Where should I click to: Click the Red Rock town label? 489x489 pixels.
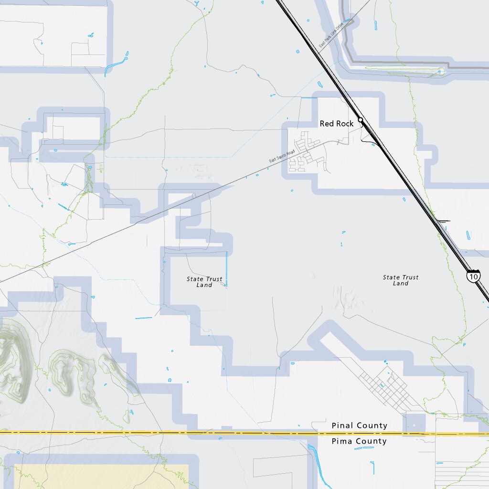tap(337, 124)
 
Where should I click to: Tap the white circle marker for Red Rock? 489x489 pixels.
tap(361, 120)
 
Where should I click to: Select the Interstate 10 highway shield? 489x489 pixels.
tap(473, 276)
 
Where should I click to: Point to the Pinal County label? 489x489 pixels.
tap(359, 425)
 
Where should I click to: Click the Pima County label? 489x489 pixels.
tap(359, 441)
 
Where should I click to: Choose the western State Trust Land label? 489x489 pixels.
tap(204, 282)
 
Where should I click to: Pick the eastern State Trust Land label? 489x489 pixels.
tap(401, 280)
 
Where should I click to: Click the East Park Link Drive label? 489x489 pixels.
tap(331, 37)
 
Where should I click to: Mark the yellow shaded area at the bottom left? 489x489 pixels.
tap(96, 477)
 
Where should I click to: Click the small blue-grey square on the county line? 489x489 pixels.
tap(414, 425)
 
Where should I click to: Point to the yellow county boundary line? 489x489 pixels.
tap(143, 433)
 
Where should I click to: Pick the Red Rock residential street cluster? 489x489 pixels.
tap(308, 155)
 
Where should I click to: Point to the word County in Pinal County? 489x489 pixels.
tap(372, 425)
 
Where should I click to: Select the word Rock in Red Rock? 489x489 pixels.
tap(345, 124)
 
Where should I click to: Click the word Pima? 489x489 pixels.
tap(342, 441)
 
